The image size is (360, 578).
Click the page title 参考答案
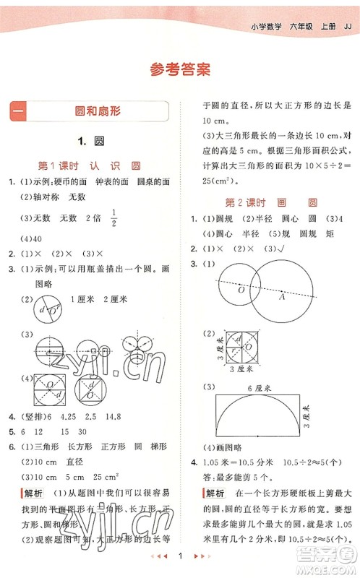coord(180,69)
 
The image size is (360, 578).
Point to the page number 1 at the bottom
coord(180,559)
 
